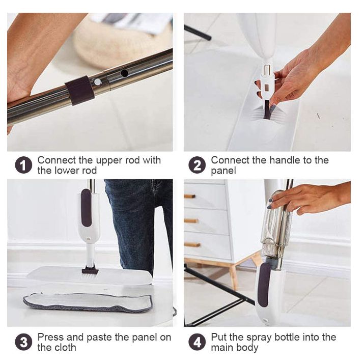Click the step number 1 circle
tap(23, 165)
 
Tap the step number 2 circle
tap(197, 165)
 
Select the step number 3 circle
tap(23, 342)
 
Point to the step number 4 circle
tap(197, 342)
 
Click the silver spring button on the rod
tap(98, 82)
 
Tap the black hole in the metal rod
tap(124, 73)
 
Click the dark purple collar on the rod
tap(79, 91)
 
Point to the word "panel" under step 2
tap(223, 171)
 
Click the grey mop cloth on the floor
tap(88, 302)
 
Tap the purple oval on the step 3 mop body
tap(86, 208)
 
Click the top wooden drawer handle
tap(190, 197)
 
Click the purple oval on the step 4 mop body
tap(264, 285)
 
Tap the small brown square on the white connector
tap(266, 88)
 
